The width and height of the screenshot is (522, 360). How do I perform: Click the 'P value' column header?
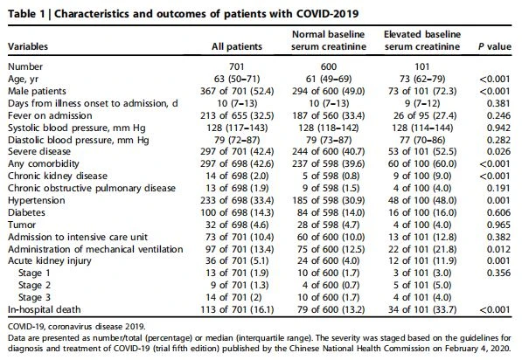[x=494, y=46]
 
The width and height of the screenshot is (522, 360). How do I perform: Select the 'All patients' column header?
[x=237, y=46]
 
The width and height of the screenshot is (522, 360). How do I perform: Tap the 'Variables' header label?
[x=28, y=46]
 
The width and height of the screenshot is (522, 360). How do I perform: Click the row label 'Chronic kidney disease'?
[x=58, y=176]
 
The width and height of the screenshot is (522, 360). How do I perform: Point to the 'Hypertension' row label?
[x=37, y=201]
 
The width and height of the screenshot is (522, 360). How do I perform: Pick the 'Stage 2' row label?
[x=34, y=285]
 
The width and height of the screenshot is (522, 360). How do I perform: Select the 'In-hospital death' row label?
[x=45, y=310]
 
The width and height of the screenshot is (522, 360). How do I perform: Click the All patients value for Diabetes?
[x=237, y=212]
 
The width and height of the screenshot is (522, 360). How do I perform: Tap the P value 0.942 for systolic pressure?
[x=498, y=128]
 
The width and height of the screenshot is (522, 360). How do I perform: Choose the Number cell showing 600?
[x=329, y=67]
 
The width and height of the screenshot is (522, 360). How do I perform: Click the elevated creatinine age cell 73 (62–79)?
[x=422, y=79]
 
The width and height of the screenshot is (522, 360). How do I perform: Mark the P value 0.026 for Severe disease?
[x=498, y=152]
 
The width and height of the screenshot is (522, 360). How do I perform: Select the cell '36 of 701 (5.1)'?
[x=237, y=261]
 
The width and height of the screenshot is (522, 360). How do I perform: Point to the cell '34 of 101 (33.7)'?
[x=422, y=310]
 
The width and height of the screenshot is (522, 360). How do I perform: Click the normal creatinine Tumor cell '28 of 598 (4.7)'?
[x=329, y=225]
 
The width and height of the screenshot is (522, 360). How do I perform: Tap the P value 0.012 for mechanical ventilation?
[x=498, y=249]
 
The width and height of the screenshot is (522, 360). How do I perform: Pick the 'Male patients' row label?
[x=37, y=91]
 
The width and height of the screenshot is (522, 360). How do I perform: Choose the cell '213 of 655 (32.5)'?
[x=237, y=116]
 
